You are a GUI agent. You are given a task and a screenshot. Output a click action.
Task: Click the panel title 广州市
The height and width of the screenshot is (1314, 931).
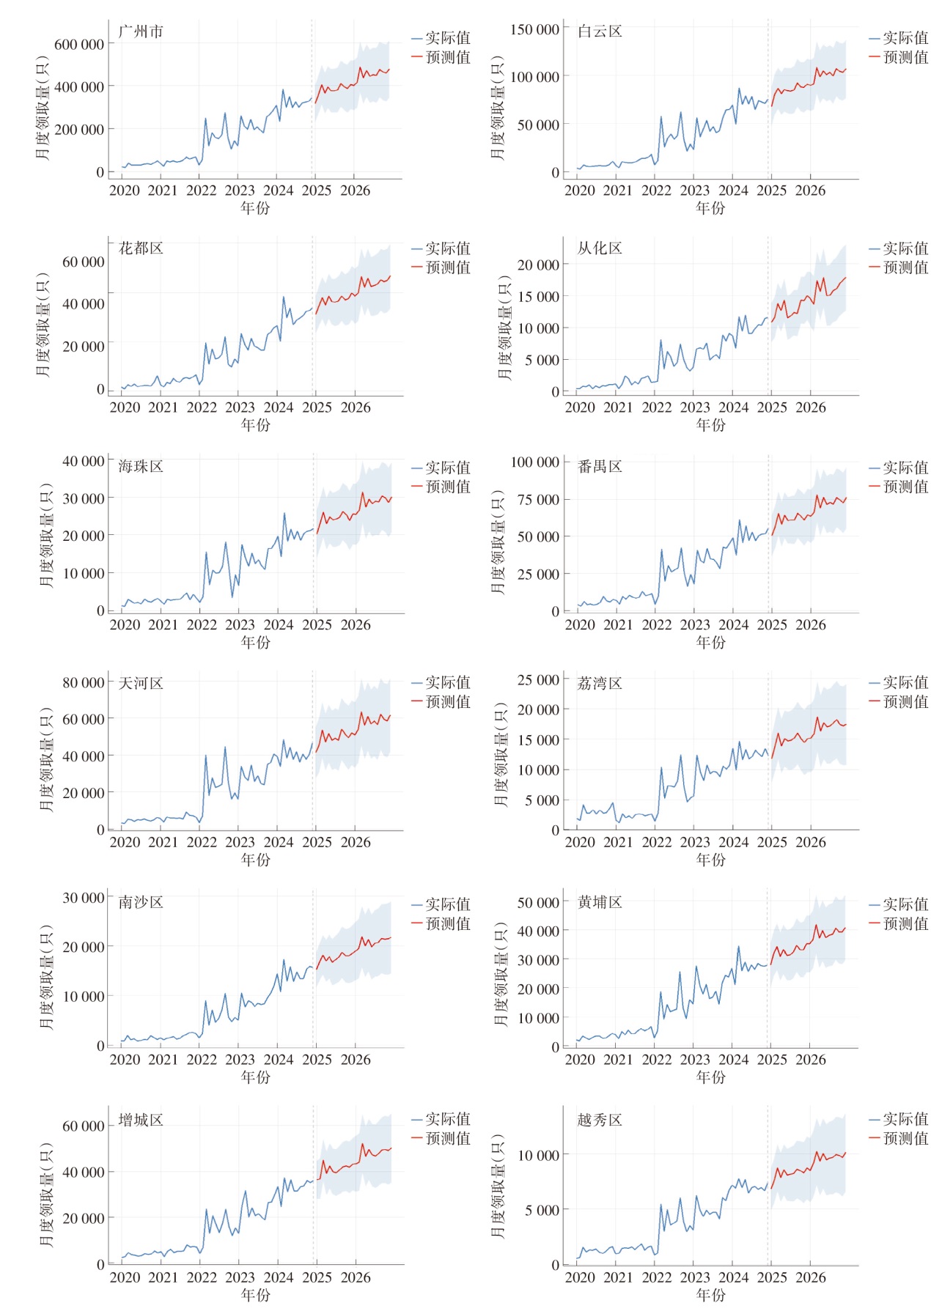tap(141, 32)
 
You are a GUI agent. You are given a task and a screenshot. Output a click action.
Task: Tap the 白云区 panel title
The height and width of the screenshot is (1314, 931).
tap(600, 32)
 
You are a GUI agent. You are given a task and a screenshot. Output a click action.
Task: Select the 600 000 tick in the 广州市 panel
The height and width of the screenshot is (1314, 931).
tap(79, 45)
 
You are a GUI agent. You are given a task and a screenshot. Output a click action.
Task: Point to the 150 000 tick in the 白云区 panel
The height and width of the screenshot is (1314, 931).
tap(534, 30)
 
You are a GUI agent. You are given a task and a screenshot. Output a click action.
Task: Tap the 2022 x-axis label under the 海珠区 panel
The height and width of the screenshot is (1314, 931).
tap(202, 625)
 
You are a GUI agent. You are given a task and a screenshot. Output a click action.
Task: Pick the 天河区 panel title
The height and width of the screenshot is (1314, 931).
tap(141, 684)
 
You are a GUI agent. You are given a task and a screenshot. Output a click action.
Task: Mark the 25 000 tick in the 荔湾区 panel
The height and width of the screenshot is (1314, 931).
tap(537, 680)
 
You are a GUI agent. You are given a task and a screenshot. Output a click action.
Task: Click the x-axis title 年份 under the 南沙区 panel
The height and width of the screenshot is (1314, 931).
tap(256, 1077)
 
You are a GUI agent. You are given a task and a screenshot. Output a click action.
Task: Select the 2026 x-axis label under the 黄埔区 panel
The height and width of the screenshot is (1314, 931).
tap(811, 1060)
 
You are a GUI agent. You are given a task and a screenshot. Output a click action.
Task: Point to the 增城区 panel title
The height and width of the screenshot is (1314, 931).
tap(141, 1121)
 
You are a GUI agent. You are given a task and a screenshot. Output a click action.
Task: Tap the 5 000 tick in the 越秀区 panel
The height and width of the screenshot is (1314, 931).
tap(542, 1210)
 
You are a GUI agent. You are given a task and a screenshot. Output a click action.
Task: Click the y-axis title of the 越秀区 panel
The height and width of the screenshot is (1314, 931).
tap(498, 1186)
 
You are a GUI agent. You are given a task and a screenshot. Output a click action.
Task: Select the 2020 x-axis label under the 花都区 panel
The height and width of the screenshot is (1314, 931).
tap(125, 407)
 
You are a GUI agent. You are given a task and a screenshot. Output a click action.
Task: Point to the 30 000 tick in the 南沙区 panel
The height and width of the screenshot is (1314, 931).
tap(83, 898)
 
